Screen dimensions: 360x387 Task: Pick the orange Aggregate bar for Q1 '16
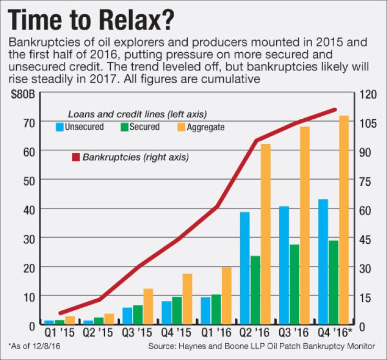(226, 296)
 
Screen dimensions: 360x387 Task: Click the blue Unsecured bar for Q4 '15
(166, 312)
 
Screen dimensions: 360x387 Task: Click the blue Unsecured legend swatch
(60, 127)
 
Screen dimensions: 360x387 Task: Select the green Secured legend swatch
(124, 127)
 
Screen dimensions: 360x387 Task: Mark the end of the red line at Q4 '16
(335, 110)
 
